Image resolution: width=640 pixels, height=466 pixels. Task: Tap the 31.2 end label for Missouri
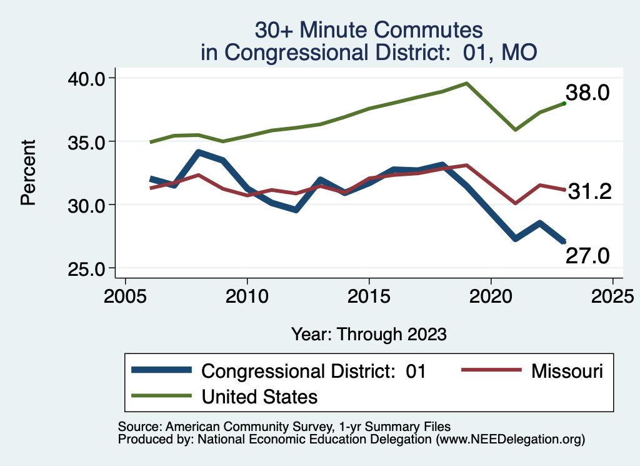(x=588, y=191)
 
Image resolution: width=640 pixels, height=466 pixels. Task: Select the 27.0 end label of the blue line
(x=587, y=255)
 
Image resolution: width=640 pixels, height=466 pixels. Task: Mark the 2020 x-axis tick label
(x=491, y=294)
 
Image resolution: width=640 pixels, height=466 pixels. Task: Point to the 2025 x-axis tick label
(x=612, y=294)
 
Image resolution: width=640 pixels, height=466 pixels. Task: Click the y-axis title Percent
(x=27, y=173)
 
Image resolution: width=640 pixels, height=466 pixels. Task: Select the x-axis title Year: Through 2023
(x=369, y=334)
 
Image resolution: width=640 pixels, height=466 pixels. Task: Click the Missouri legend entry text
(x=567, y=371)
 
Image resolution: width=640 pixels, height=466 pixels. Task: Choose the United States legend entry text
(x=259, y=396)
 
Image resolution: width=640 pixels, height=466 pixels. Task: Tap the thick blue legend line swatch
(x=162, y=371)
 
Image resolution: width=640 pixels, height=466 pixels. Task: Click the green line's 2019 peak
(x=466, y=83)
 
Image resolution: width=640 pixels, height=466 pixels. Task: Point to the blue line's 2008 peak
(x=198, y=153)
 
